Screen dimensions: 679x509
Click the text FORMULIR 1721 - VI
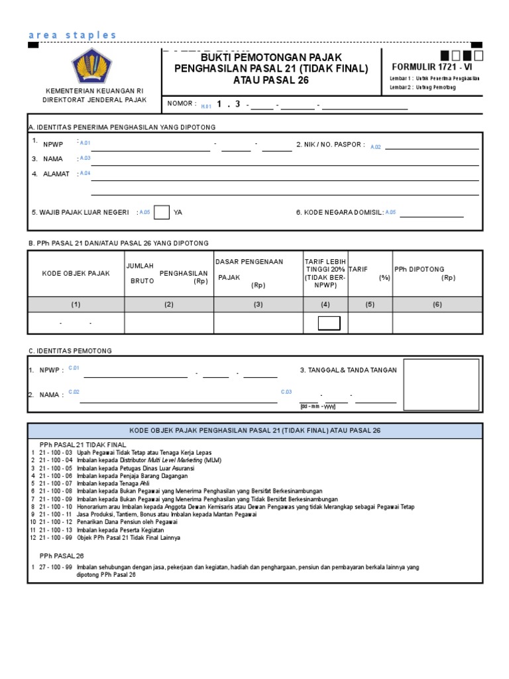[433, 66]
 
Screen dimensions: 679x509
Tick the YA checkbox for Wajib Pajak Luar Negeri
[161, 212]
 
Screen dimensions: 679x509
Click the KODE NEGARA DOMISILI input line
[431, 213]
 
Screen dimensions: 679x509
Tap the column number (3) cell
[258, 304]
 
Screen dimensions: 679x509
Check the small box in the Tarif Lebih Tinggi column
[329, 323]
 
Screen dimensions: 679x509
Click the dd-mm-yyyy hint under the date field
[318, 406]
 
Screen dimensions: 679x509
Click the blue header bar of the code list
[254, 430]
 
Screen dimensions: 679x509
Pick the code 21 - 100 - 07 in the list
[58, 483]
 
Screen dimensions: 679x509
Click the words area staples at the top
[73, 34]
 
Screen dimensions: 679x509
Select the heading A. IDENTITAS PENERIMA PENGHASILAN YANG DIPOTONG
[122, 127]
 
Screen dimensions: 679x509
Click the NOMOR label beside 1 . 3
[182, 103]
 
